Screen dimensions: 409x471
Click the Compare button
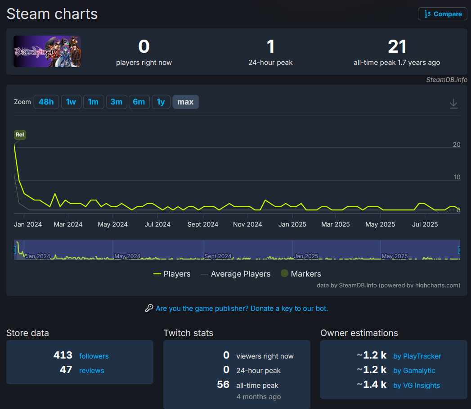(443, 14)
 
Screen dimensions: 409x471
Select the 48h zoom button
(46, 102)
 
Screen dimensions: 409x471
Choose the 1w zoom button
(71, 102)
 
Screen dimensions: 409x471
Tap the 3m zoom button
(117, 102)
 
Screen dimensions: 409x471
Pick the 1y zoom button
(161, 102)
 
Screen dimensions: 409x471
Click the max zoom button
(185, 102)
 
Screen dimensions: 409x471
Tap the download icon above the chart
(453, 104)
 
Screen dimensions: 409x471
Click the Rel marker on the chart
(20, 134)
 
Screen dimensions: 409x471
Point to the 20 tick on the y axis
(456, 145)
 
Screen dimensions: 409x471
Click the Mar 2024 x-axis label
(69, 224)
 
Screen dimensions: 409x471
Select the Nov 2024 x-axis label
(248, 224)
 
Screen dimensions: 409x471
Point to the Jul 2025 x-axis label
(425, 224)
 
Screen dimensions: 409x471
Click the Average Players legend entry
(236, 274)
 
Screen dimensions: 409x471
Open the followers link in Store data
(94, 356)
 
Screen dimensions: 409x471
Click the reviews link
(91, 371)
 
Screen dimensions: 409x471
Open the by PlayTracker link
(417, 356)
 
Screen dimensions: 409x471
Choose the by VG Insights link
(417, 385)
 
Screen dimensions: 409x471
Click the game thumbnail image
(47, 51)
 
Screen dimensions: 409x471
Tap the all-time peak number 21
(397, 47)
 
